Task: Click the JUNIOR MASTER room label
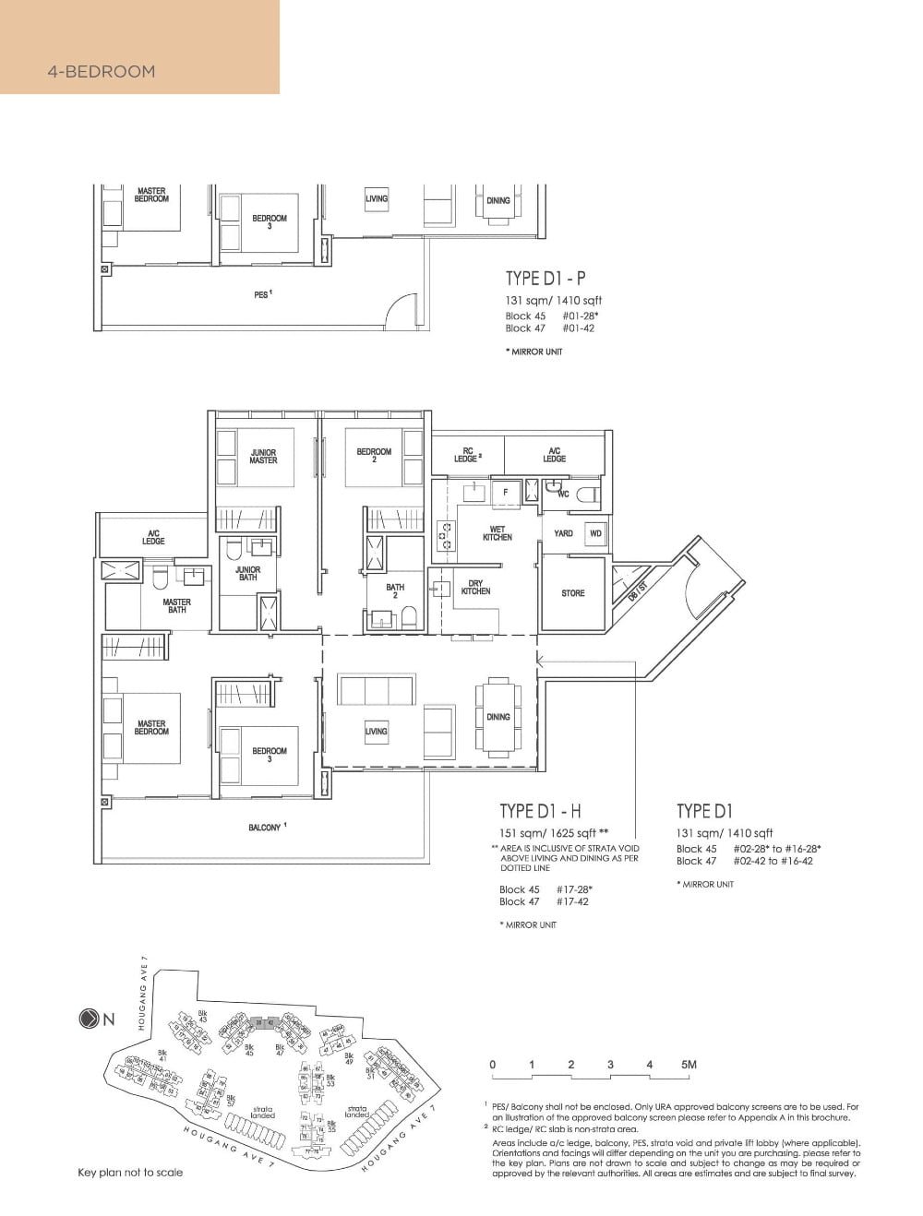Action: (x=263, y=456)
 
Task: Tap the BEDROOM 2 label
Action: (x=374, y=455)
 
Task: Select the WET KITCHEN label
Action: (x=497, y=533)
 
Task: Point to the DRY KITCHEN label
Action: (x=476, y=587)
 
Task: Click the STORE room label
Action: (x=572, y=593)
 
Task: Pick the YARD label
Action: (x=563, y=533)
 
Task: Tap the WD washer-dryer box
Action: (x=595, y=533)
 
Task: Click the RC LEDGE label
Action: (x=468, y=455)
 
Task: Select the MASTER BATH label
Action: (x=176, y=606)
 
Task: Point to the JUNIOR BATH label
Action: (x=247, y=573)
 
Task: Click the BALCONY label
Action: (x=265, y=828)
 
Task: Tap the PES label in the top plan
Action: (x=262, y=295)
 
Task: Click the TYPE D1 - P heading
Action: (x=545, y=279)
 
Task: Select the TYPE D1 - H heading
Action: (x=540, y=811)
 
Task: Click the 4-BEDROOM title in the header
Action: (x=102, y=71)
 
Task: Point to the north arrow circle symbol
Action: (x=90, y=1019)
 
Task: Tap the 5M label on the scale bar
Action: (x=688, y=1065)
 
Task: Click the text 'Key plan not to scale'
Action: (x=130, y=1173)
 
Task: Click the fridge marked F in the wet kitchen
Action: (x=505, y=493)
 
